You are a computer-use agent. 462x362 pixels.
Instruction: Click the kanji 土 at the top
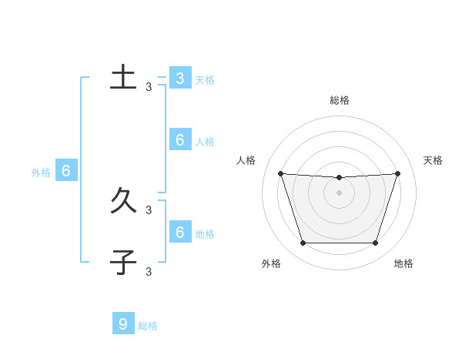123,78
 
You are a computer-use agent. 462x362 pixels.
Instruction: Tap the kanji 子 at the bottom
123,263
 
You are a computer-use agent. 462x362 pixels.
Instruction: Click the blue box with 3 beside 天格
179,79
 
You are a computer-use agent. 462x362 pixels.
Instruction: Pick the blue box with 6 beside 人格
179,140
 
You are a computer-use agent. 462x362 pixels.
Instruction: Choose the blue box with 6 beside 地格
179,232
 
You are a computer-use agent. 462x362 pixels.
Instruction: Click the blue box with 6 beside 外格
66,171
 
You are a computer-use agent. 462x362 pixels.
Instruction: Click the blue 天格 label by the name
205,79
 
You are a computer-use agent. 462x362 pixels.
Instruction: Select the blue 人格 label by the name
205,142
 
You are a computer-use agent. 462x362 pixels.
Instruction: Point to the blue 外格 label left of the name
41,173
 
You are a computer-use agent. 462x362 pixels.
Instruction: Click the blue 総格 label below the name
148,326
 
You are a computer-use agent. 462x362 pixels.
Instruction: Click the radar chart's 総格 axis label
340,100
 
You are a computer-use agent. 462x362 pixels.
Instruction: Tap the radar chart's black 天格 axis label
433,160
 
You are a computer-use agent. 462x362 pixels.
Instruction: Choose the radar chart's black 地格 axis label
403,263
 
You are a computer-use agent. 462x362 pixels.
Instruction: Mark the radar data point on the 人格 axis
280,173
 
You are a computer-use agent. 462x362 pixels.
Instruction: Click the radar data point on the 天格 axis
397,173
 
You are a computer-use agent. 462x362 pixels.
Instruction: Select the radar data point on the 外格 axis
303,243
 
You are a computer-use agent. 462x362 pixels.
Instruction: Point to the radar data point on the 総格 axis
339,178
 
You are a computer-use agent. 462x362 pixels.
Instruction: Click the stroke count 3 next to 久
149,209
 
